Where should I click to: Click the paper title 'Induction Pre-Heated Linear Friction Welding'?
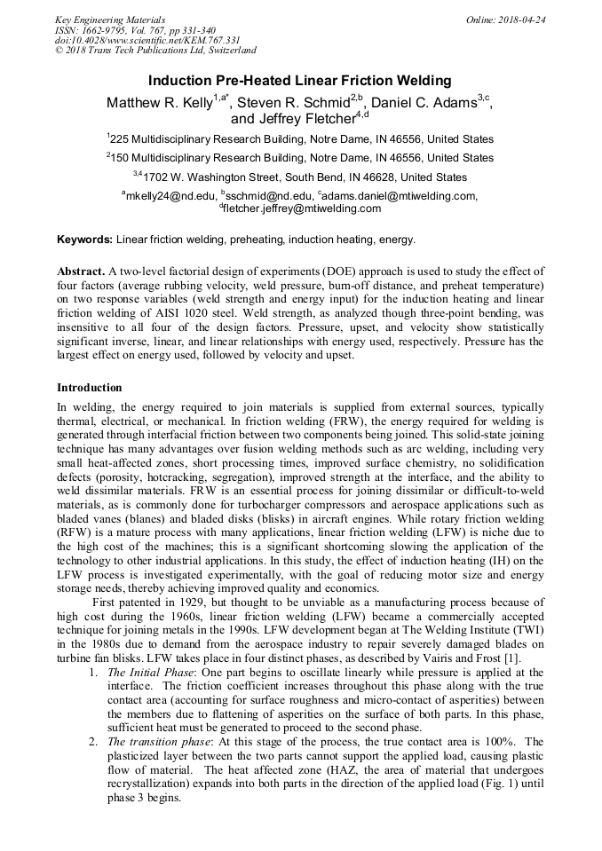pos(300,81)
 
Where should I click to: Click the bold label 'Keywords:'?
pos(84,240)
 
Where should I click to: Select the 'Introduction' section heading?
pos(89,388)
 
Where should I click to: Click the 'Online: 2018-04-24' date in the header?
pos(506,19)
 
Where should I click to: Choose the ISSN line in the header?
pos(133,29)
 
